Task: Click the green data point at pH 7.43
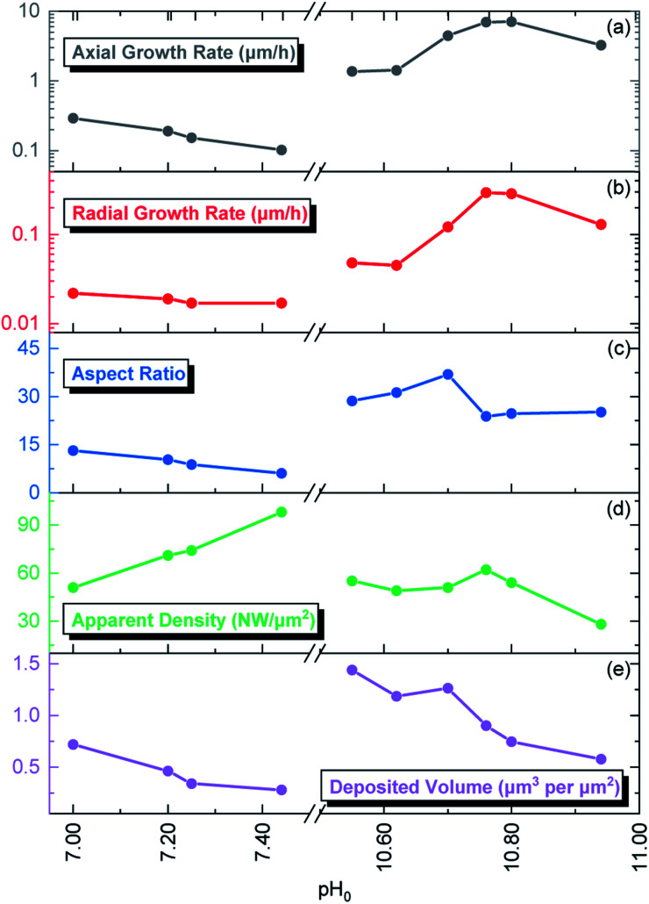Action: tap(282, 512)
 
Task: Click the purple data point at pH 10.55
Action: tap(353, 670)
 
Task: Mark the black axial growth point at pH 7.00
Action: tap(74, 118)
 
